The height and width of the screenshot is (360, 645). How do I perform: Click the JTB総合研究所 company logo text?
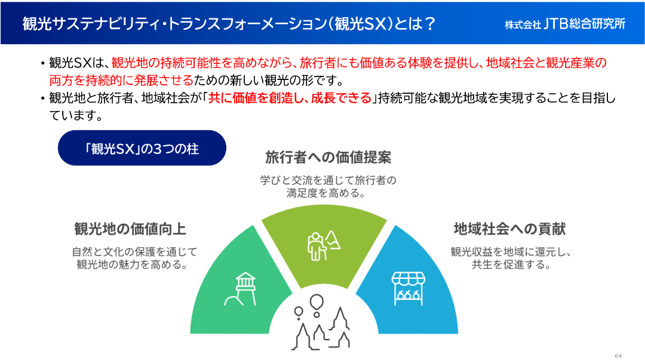pos(565,24)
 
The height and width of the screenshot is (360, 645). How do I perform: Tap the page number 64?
pos(618,356)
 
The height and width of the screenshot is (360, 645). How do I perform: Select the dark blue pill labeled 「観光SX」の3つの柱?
pos(142,148)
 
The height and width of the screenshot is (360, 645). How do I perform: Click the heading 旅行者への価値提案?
pos(328,158)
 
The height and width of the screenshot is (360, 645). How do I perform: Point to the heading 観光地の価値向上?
pos(130,229)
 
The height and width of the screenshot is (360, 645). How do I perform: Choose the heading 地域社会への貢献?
pos(509,229)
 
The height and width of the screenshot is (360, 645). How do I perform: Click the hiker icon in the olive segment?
pos(317,247)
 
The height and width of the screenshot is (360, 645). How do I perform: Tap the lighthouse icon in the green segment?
pos(241,289)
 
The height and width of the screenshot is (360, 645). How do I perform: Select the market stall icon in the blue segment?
pos(408,288)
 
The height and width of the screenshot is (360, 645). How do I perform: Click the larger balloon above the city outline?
pos(317,303)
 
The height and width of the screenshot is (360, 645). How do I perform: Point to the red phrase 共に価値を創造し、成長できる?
pos(290,98)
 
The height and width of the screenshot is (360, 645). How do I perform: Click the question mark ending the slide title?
pos(429,24)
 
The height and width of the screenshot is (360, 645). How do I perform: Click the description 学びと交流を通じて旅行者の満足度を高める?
pos(328,186)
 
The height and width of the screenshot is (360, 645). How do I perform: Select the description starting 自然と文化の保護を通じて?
pos(134,258)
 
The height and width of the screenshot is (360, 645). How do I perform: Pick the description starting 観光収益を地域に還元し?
pos(511,258)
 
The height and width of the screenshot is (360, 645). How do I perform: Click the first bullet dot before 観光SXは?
pos(42,63)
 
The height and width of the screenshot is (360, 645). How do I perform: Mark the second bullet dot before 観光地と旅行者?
pos(42,99)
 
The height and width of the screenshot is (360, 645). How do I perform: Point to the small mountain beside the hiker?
pos(333,240)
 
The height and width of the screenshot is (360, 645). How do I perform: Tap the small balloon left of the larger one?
pos(299,313)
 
